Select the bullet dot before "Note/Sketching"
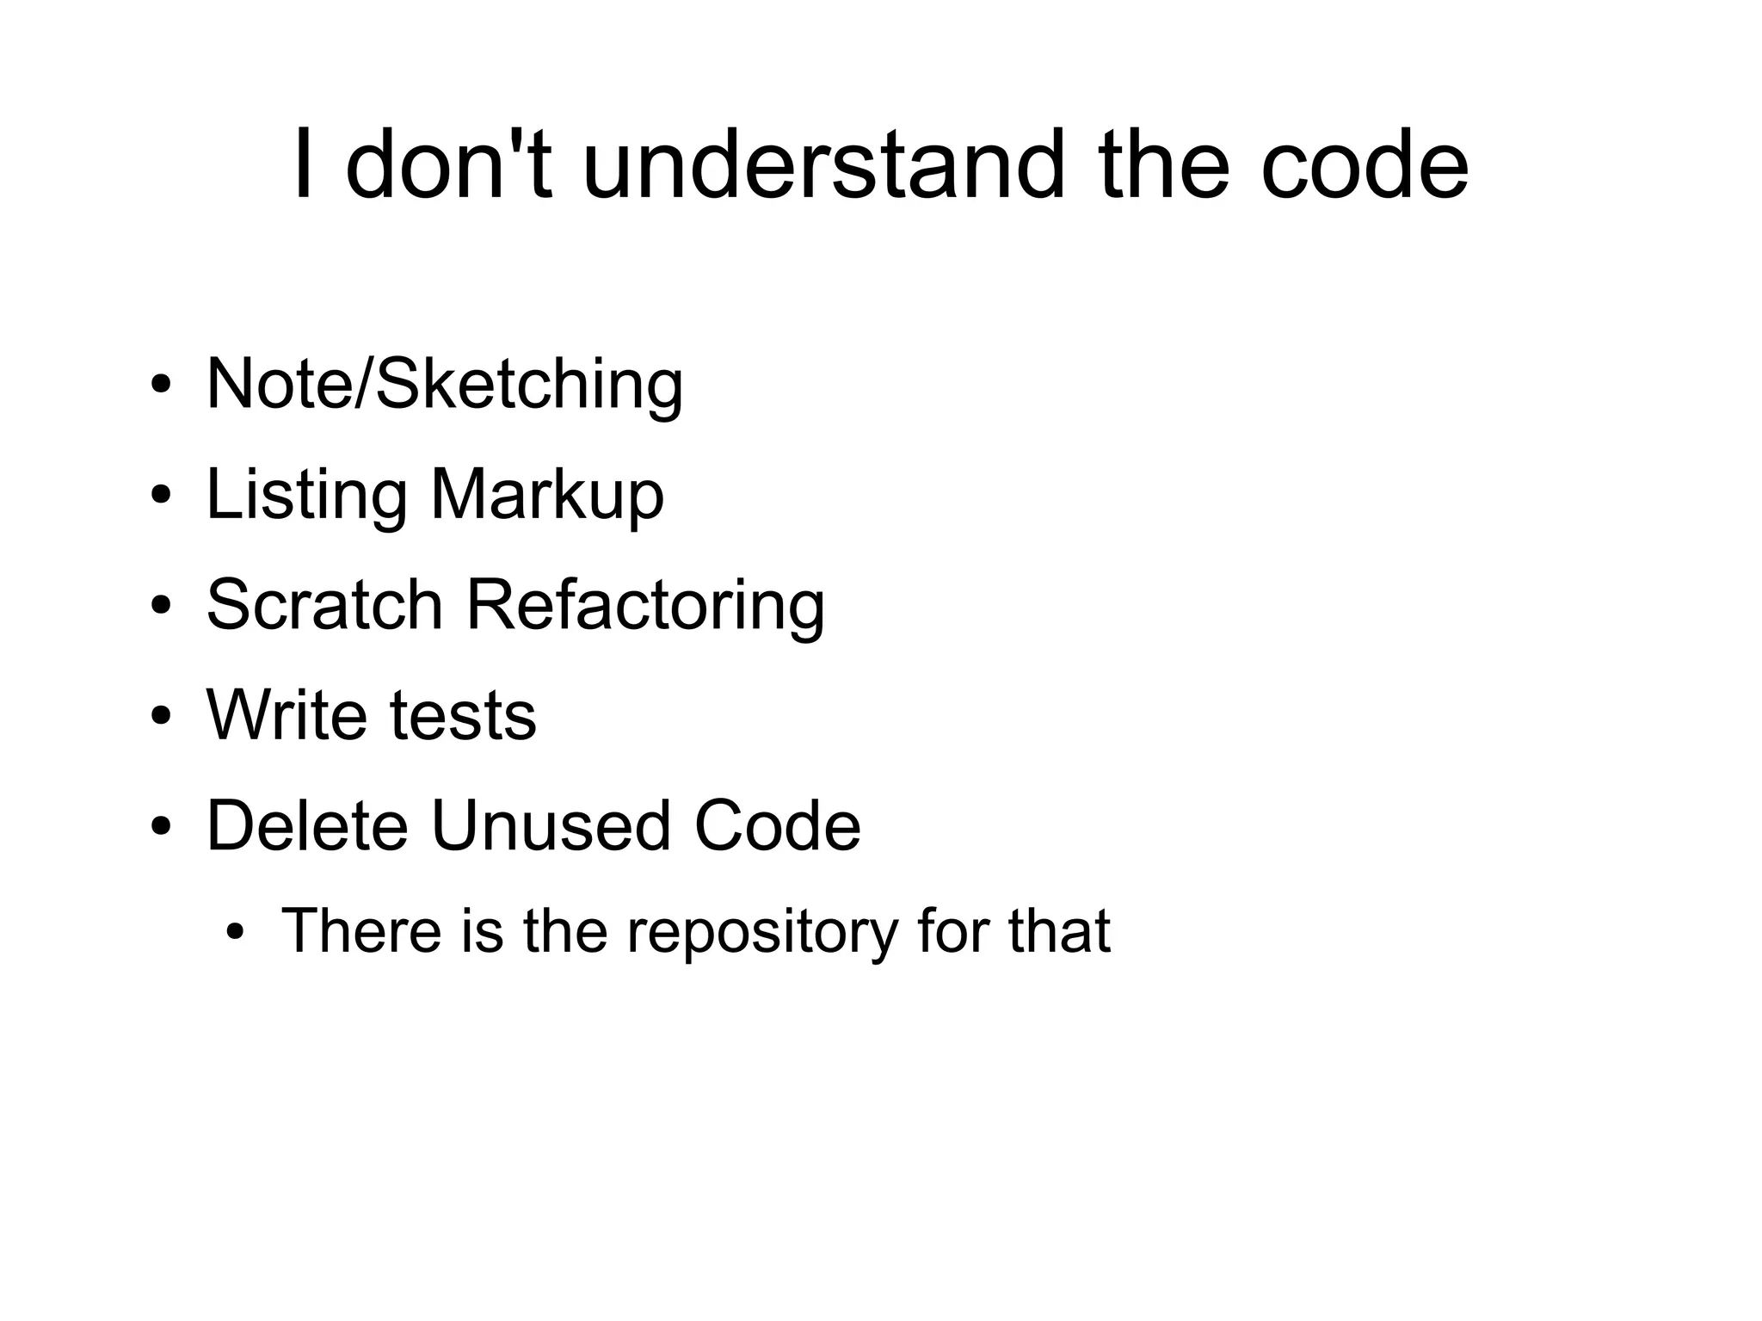[161, 385]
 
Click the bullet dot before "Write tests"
[161, 716]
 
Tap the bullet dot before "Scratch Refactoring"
[161, 606]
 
